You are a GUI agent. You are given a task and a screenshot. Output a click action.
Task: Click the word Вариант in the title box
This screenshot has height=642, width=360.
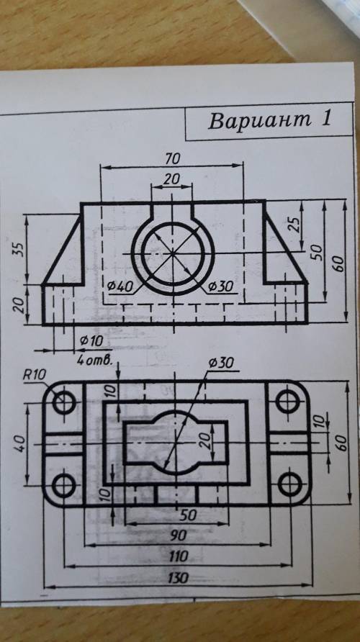(x=258, y=120)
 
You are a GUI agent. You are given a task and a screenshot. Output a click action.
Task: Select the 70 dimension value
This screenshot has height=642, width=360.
(x=173, y=158)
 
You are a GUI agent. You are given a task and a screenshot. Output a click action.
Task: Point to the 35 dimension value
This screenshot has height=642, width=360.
(x=19, y=248)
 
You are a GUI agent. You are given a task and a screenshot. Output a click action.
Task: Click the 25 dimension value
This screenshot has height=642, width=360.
(x=294, y=224)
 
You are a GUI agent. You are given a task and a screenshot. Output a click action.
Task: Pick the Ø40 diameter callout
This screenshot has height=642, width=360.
(x=120, y=286)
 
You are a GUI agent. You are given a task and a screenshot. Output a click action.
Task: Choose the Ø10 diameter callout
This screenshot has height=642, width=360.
(x=91, y=340)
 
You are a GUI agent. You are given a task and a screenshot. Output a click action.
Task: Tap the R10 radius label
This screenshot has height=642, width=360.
(x=35, y=375)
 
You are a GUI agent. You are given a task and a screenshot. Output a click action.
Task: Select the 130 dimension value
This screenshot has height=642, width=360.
(x=178, y=578)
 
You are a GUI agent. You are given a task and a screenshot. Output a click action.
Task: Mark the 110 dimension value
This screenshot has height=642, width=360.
(x=178, y=556)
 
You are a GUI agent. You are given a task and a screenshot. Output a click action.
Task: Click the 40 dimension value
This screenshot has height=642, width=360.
(x=19, y=443)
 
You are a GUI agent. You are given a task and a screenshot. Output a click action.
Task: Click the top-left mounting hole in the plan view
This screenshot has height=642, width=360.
(x=64, y=403)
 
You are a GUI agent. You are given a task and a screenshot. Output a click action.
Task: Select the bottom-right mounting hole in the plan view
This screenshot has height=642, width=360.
(x=289, y=485)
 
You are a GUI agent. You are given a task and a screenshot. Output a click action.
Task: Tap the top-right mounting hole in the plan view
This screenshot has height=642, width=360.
(x=287, y=402)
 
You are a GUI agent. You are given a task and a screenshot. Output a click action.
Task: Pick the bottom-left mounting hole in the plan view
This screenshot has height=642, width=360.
(x=64, y=486)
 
